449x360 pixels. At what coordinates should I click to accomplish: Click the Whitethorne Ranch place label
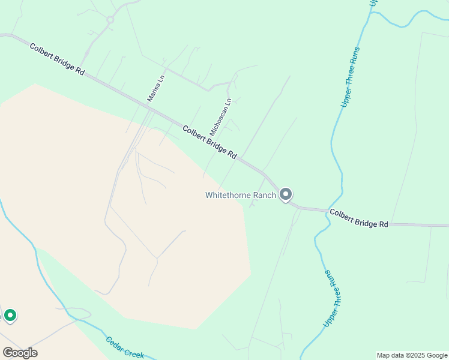[x=240, y=195]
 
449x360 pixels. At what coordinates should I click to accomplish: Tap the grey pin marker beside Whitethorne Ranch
[x=286, y=194]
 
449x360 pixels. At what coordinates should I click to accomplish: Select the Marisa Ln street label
[x=155, y=88]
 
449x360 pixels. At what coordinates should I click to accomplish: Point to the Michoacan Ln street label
[x=220, y=116]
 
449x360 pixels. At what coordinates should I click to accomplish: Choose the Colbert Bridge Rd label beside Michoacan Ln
[x=209, y=142]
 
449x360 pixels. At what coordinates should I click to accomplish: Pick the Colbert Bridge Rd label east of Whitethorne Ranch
[x=358, y=218]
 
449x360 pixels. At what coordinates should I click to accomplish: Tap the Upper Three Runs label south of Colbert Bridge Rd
[x=332, y=298]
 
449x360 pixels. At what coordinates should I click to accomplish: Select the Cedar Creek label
[x=125, y=347]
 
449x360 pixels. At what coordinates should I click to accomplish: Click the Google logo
[x=20, y=353]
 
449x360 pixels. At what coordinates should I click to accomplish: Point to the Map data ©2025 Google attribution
[x=411, y=355]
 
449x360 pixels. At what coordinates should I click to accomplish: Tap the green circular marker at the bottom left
[x=10, y=314]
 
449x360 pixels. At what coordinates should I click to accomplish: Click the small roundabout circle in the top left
[x=110, y=20]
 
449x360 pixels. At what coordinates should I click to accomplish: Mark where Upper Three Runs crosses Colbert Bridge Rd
[x=328, y=211]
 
